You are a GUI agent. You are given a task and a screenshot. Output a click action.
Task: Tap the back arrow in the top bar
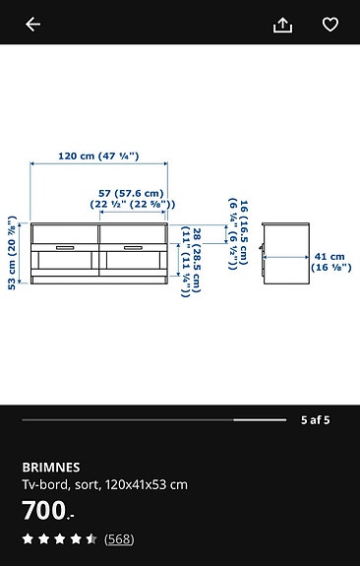point(33,25)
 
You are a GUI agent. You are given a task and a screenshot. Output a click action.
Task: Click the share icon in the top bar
point(283,25)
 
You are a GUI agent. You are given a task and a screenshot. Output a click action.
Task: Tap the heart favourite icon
point(330,25)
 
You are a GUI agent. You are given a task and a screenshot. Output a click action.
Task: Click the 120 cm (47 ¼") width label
point(98,156)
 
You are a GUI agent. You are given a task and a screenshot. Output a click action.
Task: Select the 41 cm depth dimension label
point(330,262)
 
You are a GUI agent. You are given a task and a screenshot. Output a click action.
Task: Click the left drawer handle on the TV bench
point(65,247)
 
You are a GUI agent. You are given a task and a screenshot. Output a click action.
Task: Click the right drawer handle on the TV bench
point(133,247)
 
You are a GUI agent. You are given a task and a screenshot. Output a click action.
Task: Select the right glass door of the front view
point(133,265)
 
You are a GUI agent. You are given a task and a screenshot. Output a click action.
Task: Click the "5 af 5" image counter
point(315,419)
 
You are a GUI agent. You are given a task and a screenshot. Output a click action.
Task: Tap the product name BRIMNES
point(51,467)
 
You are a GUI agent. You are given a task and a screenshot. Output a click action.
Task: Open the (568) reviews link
point(119,538)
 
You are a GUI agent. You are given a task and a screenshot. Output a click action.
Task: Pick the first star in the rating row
point(29,538)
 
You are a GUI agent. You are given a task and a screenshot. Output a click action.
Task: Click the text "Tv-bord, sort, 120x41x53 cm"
point(104,484)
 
